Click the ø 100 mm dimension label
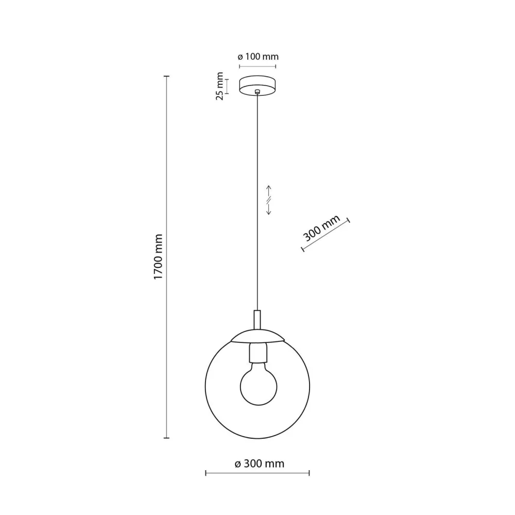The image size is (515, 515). coord(257,57)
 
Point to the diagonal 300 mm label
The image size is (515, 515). coord(322,229)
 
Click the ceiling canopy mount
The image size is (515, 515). coord(257,85)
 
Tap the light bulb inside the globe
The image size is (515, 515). coord(257,381)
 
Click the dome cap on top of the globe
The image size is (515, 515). coord(257,336)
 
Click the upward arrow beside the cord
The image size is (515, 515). coord(268,191)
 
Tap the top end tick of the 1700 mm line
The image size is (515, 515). coord(166,76)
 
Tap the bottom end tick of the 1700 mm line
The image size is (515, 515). coord(166,438)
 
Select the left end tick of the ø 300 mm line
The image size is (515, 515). coord(206,472)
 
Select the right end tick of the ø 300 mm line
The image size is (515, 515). coord(309,472)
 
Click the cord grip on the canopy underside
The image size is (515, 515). coord(257,92)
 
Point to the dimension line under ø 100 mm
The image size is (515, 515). coord(257,66)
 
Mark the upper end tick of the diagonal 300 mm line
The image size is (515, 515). coord(348,219)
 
